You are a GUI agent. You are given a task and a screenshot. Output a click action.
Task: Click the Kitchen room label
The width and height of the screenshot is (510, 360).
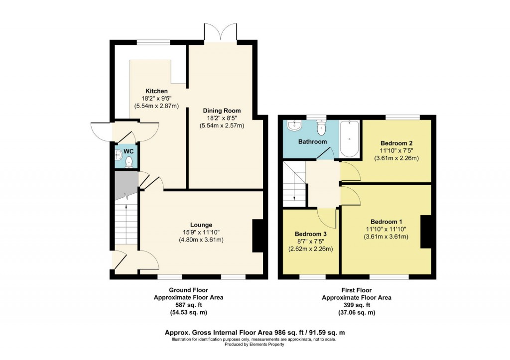point(156,91)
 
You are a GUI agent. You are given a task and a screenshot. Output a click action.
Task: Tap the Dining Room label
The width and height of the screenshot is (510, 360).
point(222,111)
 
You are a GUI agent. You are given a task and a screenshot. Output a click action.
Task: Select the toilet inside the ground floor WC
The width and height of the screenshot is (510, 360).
point(129,161)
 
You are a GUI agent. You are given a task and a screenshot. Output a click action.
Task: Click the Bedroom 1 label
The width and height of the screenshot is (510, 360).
point(386,222)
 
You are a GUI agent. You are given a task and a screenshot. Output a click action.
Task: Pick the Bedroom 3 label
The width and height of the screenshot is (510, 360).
point(310,234)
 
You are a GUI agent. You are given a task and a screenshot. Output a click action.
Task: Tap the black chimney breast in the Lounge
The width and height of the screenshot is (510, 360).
point(257,236)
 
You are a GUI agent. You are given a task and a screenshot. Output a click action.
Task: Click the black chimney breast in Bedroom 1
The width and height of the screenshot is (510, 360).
point(426,232)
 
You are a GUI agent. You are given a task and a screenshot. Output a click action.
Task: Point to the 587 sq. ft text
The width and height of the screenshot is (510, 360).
point(188,305)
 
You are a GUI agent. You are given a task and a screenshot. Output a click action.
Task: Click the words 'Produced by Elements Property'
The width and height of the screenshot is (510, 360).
point(254,344)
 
